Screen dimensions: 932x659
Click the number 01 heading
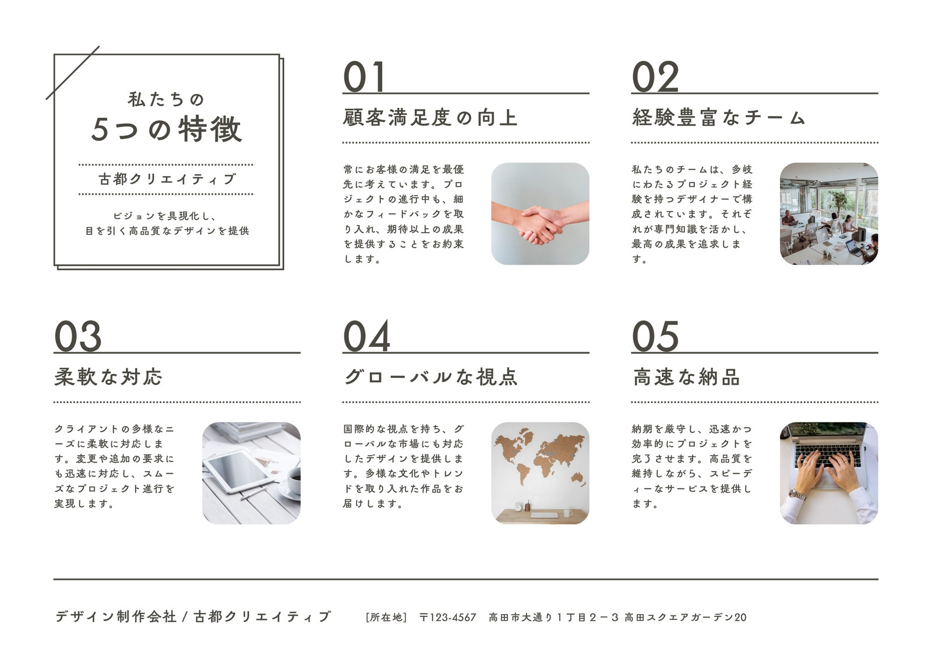(363, 76)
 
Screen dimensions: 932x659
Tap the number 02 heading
(655, 76)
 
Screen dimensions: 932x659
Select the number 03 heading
(78, 336)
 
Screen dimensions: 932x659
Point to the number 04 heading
(366, 336)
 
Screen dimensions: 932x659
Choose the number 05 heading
(655, 336)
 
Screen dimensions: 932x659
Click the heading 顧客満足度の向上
(430, 117)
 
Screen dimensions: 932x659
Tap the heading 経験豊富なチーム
(719, 117)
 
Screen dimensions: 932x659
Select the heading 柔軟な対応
(108, 377)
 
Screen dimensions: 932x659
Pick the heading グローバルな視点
(430, 377)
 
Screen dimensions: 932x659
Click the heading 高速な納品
(687, 377)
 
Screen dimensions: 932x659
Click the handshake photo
(540, 214)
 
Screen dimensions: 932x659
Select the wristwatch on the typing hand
(797, 495)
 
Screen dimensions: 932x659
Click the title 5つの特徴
(167, 129)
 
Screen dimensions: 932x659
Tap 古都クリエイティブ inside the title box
(167, 179)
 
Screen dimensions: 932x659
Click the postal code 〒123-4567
(448, 617)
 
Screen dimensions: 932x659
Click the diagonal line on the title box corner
(72, 73)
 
